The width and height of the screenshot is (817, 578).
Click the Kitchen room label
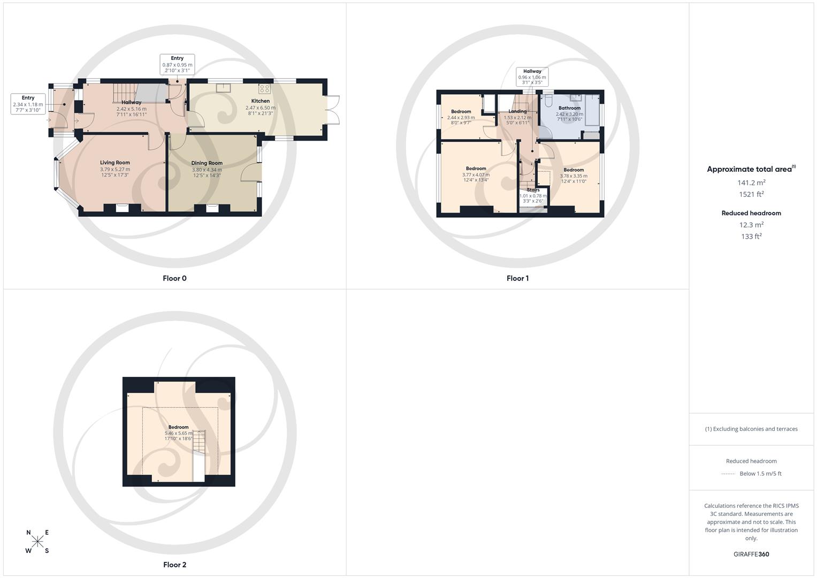(x=261, y=101)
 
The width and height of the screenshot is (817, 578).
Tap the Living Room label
(x=115, y=163)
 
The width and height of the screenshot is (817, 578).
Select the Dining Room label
(x=207, y=163)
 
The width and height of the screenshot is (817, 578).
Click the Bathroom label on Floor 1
(x=569, y=108)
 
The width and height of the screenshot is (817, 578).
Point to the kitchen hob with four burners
(x=265, y=88)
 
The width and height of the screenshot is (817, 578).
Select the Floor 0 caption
(x=174, y=278)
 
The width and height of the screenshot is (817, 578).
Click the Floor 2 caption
(x=174, y=565)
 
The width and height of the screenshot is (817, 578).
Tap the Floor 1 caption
(x=517, y=278)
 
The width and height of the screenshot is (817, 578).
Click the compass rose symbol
(x=37, y=541)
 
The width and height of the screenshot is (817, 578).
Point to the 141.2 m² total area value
(x=751, y=183)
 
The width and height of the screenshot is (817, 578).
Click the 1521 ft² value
(x=751, y=194)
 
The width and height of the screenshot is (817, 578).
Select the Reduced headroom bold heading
(x=751, y=213)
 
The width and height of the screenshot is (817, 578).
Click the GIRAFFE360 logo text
(x=751, y=554)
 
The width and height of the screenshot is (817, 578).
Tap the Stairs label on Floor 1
(x=533, y=190)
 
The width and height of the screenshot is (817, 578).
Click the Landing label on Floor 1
(x=517, y=111)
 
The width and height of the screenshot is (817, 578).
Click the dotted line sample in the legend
(x=728, y=474)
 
